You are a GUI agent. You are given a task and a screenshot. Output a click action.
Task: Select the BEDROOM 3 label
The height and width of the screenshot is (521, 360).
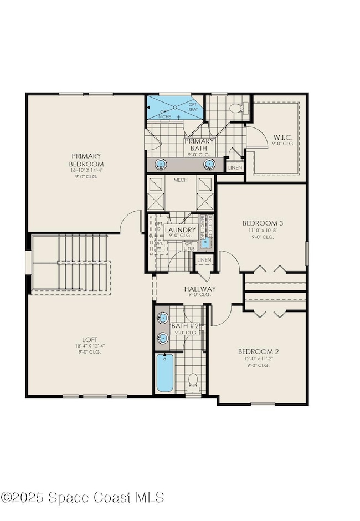(259, 223)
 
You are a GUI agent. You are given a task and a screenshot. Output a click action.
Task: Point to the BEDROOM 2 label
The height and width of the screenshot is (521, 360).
(255, 351)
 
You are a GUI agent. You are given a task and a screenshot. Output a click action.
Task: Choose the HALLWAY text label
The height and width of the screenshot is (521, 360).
(200, 289)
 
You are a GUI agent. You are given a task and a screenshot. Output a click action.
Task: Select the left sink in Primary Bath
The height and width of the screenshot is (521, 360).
(161, 164)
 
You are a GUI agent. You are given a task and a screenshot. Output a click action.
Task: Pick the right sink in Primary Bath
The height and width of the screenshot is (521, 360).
(210, 164)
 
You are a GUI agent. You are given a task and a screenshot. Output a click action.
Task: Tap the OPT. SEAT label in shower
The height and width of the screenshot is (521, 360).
(193, 107)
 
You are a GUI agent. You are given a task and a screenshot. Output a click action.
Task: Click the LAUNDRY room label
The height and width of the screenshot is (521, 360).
(181, 229)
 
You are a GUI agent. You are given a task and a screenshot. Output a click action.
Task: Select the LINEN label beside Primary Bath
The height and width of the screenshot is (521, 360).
(234, 167)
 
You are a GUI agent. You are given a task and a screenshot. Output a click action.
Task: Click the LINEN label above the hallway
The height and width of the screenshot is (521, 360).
(204, 259)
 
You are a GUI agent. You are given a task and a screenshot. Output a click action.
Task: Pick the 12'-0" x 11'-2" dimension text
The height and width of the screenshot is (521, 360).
(255, 359)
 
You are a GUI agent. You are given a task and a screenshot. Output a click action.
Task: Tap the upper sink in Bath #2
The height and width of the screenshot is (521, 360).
(162, 318)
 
